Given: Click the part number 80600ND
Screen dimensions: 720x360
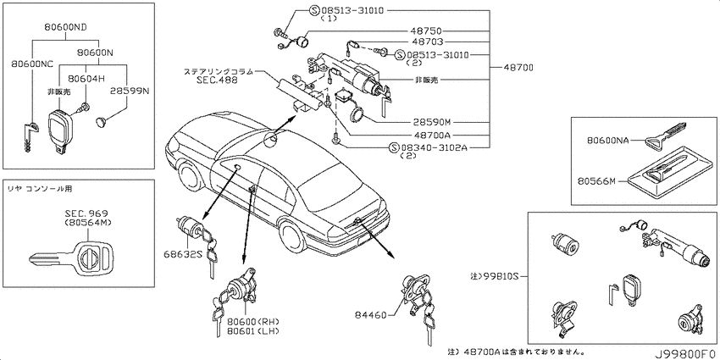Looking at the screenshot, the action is (x=66, y=28).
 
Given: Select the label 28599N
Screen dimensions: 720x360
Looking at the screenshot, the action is (x=130, y=91).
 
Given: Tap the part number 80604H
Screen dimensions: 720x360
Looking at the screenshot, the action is (x=84, y=79).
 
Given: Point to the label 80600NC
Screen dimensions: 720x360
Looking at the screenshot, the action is (x=30, y=65).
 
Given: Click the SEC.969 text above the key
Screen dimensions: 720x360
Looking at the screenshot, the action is (x=86, y=213).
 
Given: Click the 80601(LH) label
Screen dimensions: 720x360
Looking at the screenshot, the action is (x=253, y=331).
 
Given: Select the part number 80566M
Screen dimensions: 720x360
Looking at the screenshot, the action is (x=597, y=181).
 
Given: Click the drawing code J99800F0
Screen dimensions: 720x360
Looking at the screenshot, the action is (x=686, y=354).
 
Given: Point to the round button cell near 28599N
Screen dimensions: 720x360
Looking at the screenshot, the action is (x=101, y=121).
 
